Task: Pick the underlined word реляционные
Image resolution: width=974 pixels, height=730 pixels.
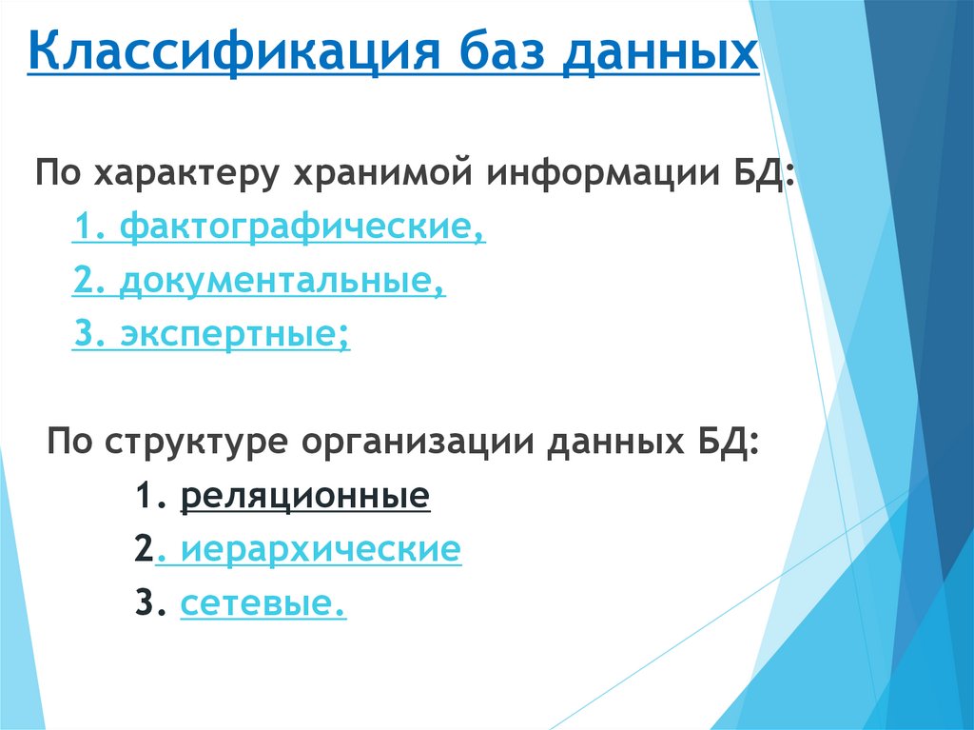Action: click(304, 497)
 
